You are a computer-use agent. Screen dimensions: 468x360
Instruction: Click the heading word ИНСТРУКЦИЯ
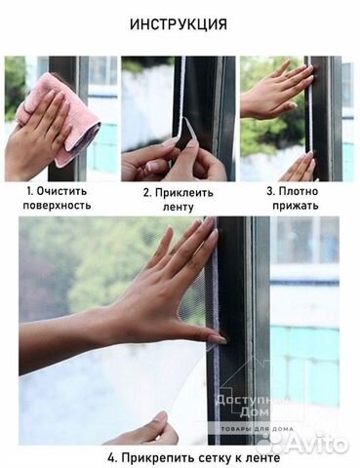[180, 23]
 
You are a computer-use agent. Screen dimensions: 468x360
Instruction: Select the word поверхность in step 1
[58, 207]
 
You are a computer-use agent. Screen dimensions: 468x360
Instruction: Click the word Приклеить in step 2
[185, 192]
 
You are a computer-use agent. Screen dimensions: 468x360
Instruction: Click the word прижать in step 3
[297, 207]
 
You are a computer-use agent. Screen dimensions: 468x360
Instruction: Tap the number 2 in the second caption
[146, 192]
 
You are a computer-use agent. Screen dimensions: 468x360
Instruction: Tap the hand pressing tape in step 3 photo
[278, 93]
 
